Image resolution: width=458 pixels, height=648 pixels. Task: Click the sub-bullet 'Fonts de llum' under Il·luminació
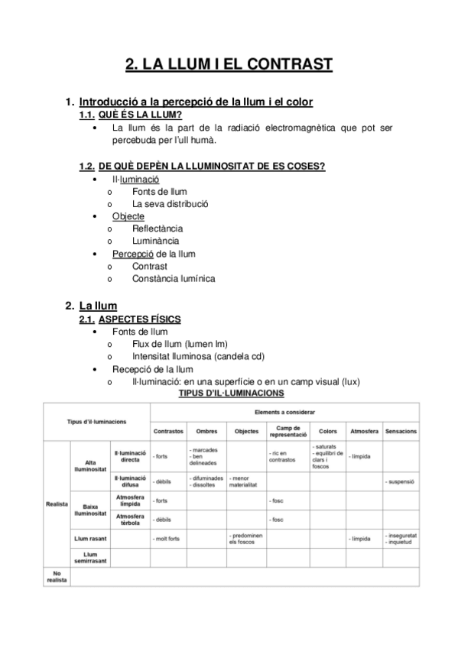pos(159,191)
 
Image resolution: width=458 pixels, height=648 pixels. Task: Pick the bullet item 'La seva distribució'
pos(171,204)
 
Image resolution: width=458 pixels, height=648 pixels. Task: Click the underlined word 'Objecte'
pos(128,216)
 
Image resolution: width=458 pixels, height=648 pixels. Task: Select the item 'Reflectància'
pos(158,228)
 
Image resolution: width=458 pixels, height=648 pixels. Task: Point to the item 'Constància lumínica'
pos(174,278)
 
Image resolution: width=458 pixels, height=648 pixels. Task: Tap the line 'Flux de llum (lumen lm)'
pos(180,343)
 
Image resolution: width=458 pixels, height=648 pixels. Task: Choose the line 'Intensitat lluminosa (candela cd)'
pos(199,356)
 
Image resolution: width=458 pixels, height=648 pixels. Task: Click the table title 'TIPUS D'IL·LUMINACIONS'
pos(231,394)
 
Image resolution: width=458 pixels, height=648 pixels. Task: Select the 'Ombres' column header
pos(206,432)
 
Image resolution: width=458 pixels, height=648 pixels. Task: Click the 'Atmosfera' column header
pos(365,432)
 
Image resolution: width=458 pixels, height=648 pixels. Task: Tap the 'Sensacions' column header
pos(401,432)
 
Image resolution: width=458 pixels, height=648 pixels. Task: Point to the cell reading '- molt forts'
pos(167,539)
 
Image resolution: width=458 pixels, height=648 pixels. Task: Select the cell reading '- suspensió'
pos(401,482)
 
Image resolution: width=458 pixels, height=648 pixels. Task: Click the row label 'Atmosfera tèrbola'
pos(129,520)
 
